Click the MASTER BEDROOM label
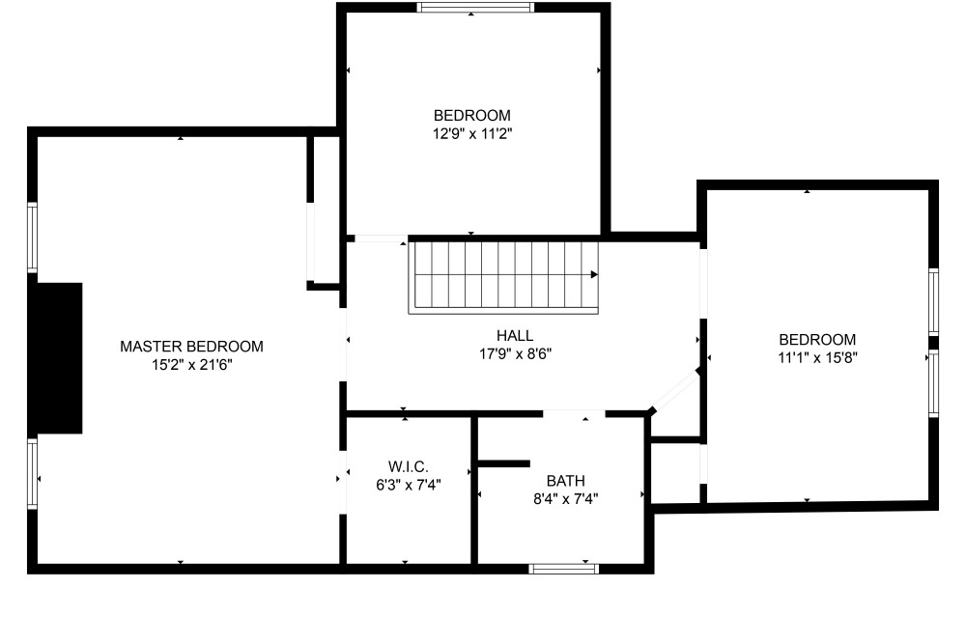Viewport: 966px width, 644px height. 191,347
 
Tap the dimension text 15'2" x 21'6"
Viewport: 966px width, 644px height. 191,365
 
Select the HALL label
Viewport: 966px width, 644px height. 515,336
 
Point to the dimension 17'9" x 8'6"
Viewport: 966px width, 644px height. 515,354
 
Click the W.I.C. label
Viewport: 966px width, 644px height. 409,466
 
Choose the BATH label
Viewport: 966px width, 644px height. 565,480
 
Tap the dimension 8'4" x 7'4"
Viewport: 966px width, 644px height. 565,499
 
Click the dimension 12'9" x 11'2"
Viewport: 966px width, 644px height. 472,133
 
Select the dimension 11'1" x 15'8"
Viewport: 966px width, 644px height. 817,357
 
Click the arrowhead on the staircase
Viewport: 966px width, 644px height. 594,274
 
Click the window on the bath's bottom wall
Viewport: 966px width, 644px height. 564,569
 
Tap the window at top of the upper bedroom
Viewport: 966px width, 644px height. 475,8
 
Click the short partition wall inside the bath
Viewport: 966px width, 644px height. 504,463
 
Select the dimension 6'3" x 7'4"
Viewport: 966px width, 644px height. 409,485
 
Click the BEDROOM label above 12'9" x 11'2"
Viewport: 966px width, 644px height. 472,115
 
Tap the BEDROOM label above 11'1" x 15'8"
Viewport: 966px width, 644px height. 817,339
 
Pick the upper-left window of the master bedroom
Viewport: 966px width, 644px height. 32,238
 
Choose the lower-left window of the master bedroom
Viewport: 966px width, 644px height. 32,473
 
